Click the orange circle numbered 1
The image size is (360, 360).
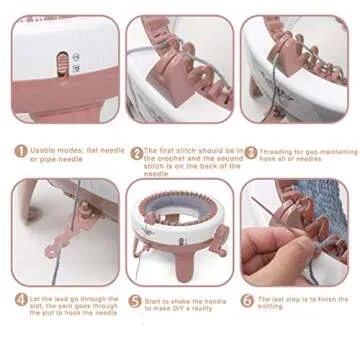(x=20, y=153)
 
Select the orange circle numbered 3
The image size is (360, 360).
(x=251, y=153)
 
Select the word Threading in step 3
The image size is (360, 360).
(x=281, y=148)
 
